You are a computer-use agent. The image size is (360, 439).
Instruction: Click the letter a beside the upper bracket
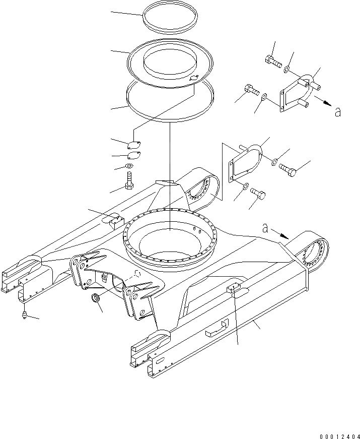[338, 111]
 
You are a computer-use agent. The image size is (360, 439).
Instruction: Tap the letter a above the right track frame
[265, 228]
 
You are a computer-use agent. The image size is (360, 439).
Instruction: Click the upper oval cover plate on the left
[133, 144]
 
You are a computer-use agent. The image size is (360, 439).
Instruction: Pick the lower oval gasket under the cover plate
[133, 156]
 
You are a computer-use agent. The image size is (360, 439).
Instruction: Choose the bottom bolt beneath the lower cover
[258, 193]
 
